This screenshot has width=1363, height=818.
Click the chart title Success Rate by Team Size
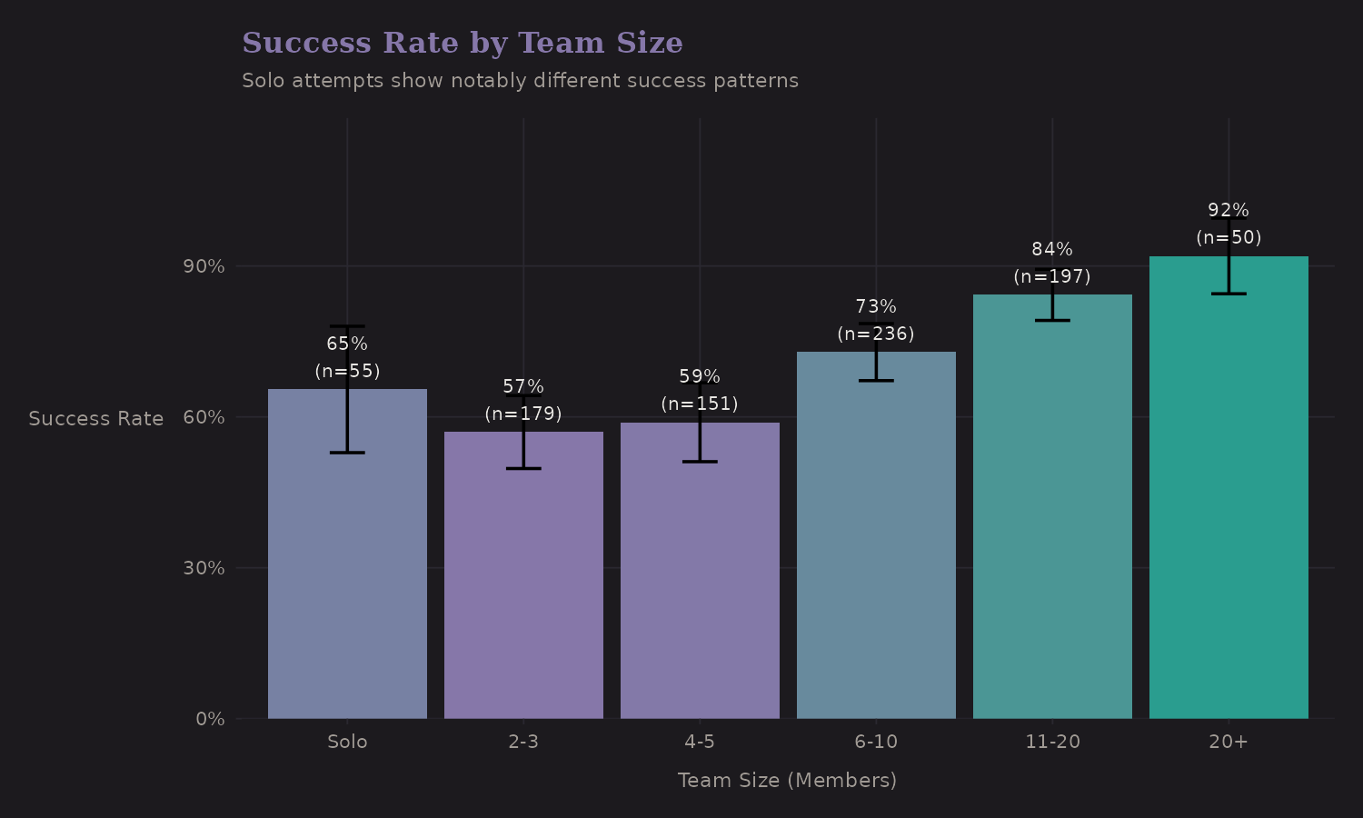pyautogui.click(x=462, y=43)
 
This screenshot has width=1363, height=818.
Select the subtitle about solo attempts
pyautogui.click(x=520, y=81)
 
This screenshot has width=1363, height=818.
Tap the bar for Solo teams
pyautogui.click(x=347, y=582)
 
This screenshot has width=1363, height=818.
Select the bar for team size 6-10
pyautogui.click(x=876, y=545)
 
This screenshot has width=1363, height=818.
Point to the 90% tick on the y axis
pyautogui.click(x=204, y=266)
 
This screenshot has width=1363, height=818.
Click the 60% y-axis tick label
pyautogui.click(x=204, y=417)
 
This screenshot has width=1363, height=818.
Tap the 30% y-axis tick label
pyautogui.click(x=204, y=568)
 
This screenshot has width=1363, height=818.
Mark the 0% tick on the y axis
pyautogui.click(x=210, y=719)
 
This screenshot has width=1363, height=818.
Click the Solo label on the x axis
pyautogui.click(x=347, y=742)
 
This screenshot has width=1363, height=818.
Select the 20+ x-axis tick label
pyautogui.click(x=1229, y=742)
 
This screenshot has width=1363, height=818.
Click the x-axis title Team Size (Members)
pyautogui.click(x=787, y=781)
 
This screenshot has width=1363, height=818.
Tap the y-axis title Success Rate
pyautogui.click(x=96, y=419)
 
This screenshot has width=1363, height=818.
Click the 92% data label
pyautogui.click(x=1229, y=210)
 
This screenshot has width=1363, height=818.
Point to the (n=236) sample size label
pyautogui.click(x=876, y=334)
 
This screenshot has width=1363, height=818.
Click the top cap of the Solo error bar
pyautogui.click(x=347, y=326)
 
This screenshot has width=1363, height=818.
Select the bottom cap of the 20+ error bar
pyautogui.click(x=1229, y=294)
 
